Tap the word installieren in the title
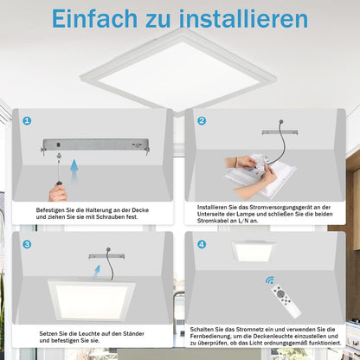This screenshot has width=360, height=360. (243, 19)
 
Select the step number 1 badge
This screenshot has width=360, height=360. (27, 120)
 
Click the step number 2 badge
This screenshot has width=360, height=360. (202, 120)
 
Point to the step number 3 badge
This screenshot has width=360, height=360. (27, 244)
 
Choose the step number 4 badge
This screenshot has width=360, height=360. (202, 244)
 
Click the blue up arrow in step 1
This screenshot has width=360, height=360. (74, 170)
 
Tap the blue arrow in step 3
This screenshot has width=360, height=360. (97, 272)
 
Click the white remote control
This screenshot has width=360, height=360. (286, 300)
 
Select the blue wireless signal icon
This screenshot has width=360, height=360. (270, 280)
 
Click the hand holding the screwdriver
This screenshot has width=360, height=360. (58, 193)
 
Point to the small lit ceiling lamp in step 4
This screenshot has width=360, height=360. (254, 251)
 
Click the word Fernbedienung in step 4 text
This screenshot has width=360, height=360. (209, 337)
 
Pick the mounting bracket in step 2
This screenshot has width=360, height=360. (280, 132)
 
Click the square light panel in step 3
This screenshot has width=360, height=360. (91, 300)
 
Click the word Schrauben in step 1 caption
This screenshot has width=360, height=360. (111, 217)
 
